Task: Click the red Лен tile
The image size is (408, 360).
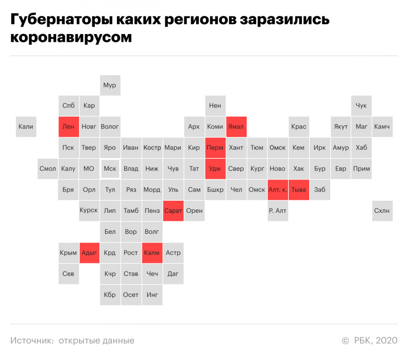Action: point(69,126)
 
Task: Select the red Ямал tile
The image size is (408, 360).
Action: point(236,126)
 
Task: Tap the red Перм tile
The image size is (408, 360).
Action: point(215,148)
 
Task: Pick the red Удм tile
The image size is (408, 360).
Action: point(215,169)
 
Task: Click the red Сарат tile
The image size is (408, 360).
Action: point(173,211)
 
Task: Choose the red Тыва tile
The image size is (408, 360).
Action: point(299,190)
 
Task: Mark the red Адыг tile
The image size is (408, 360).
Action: point(89,253)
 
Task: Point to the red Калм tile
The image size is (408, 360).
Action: point(152,253)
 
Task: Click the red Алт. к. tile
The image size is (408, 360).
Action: point(278,190)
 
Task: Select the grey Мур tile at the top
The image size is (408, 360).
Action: point(111,85)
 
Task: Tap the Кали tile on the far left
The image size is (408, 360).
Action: point(26,126)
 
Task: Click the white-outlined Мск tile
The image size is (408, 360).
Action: point(111,169)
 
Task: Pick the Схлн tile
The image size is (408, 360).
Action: point(382,211)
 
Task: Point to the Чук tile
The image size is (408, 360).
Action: point(361,106)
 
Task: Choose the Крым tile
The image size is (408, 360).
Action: point(69,253)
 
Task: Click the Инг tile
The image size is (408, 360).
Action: point(152,295)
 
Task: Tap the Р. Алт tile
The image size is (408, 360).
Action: point(278,211)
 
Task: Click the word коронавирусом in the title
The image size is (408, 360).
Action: point(71,38)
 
